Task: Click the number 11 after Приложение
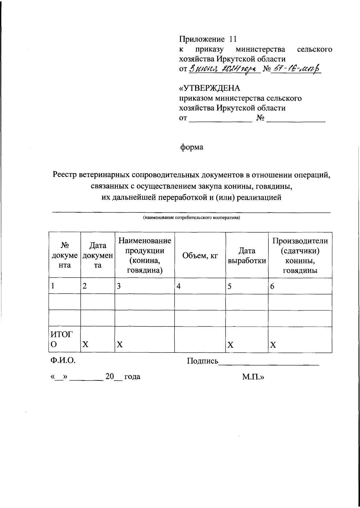tap(233, 39)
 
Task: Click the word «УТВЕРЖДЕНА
tap(210, 89)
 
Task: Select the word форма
tap(191, 147)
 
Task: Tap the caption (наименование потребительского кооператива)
tap(191, 218)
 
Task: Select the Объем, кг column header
tap(200, 255)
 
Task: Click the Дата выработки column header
tap(247, 255)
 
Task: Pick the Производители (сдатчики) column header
tap(300, 255)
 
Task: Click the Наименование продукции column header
tap(145, 255)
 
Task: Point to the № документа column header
tap(65, 255)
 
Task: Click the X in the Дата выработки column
tap(230, 345)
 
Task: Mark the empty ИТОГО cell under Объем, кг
tap(200, 339)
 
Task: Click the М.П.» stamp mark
tap(253, 376)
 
